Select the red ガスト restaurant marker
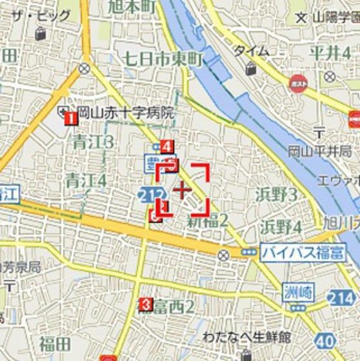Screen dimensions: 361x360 pyautogui.click(x=297, y=84)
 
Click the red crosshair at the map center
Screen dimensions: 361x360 pyautogui.click(x=183, y=189)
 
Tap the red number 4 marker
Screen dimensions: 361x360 pyautogui.click(x=167, y=146)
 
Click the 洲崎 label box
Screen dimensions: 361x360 pyautogui.click(x=298, y=291)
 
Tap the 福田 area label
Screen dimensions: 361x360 pyautogui.click(x=54, y=343)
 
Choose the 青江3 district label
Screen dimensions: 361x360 pyautogui.click(x=93, y=142)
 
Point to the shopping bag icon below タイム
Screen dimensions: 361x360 pyautogui.click(x=249, y=67)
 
